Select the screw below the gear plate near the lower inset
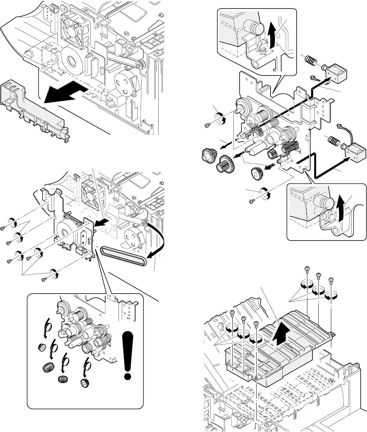(252, 201)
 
